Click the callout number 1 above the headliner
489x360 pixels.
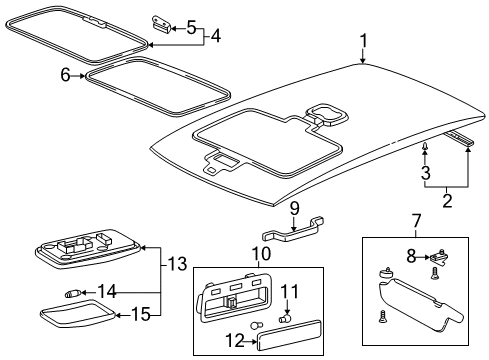[363, 41]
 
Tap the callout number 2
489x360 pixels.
[447, 200]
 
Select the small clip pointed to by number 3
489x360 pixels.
[425, 146]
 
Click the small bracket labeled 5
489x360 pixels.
[162, 24]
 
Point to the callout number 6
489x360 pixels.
[65, 75]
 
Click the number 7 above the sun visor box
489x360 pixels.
[417, 221]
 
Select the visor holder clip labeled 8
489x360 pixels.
[439, 258]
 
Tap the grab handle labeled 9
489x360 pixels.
[293, 230]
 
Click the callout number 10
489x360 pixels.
[261, 254]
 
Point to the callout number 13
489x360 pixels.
[176, 264]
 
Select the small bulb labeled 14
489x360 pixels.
[72, 294]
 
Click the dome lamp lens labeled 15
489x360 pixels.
[78, 314]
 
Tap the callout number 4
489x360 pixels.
[216, 36]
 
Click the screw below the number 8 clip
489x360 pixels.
[435, 274]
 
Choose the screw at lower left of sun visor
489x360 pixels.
[382, 316]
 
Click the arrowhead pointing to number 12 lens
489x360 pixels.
[253, 341]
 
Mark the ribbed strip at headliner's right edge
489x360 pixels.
[459, 138]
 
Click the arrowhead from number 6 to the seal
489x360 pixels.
[83, 76]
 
